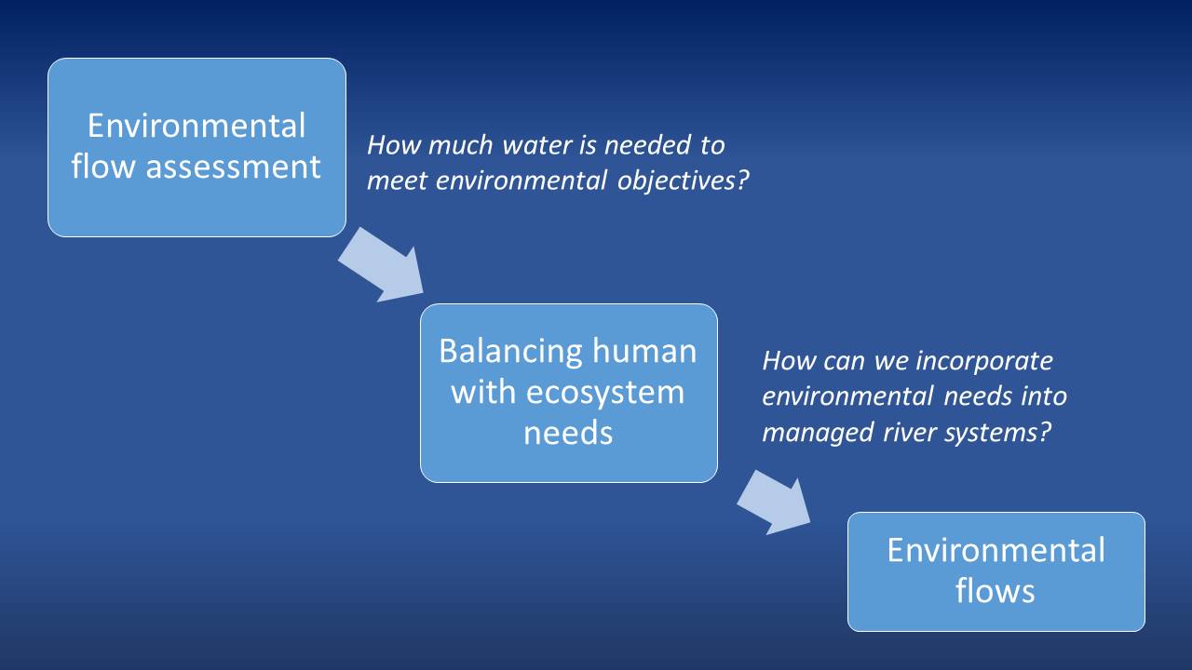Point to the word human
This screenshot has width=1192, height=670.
[x=645, y=351]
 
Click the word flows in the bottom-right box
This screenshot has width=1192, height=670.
[x=996, y=591]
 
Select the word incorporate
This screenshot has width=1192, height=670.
[x=983, y=360]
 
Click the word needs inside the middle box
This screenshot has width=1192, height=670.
[x=568, y=433]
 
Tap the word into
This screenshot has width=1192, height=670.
[x=1046, y=395]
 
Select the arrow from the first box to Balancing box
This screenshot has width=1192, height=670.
[x=382, y=268]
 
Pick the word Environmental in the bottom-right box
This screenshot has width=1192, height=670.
[x=996, y=550]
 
